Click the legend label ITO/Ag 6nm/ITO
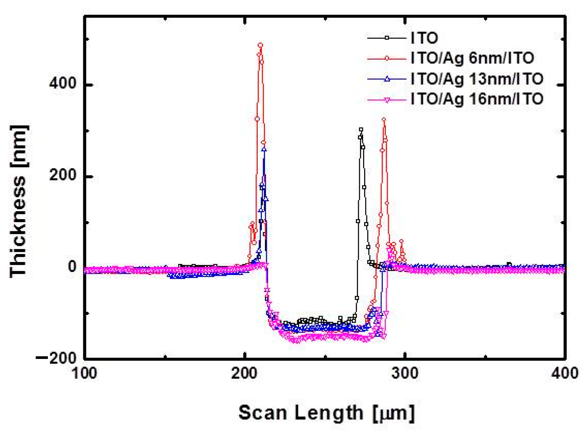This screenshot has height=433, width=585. [x=472, y=58]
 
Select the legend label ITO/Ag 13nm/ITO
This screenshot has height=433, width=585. [x=477, y=79]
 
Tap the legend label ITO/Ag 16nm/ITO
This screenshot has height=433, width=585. [x=477, y=99]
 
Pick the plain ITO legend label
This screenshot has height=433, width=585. [x=425, y=38]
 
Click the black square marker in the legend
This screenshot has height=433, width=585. [x=387, y=38]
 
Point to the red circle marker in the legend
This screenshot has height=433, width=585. [x=387, y=58]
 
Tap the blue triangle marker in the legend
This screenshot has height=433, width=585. [x=387, y=79]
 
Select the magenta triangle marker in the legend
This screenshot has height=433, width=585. [x=387, y=100]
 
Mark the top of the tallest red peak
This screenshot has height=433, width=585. [x=260, y=45]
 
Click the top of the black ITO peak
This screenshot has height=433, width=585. [x=361, y=130]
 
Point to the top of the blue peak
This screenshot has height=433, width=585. [x=264, y=150]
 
